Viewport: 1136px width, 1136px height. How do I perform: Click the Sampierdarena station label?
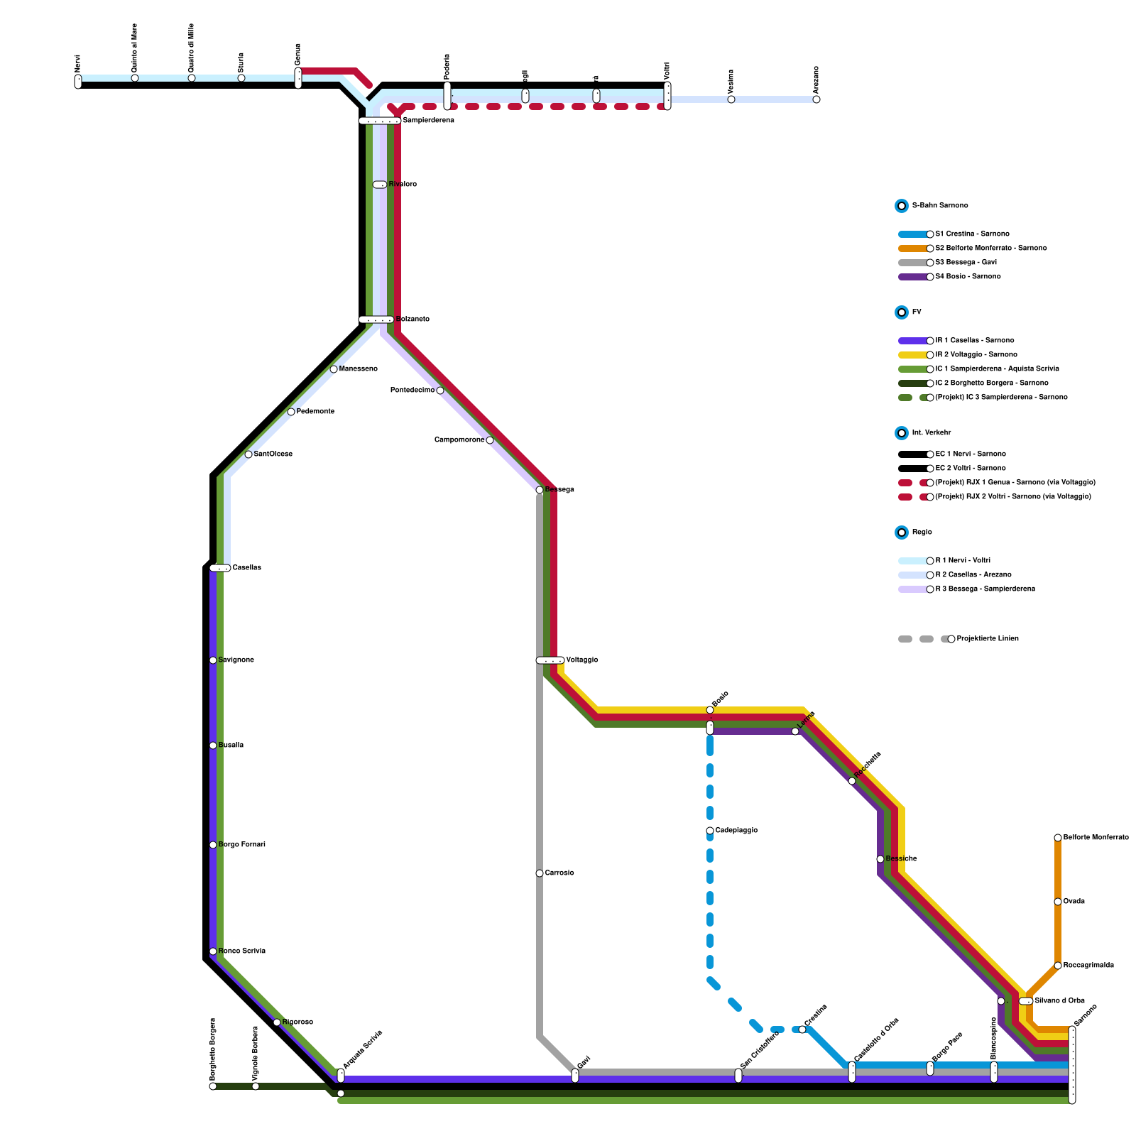coord(428,121)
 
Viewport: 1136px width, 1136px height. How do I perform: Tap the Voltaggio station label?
coord(581,660)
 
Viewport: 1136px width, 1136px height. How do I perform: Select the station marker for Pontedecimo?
coord(440,390)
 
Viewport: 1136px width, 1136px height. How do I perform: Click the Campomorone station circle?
coord(490,440)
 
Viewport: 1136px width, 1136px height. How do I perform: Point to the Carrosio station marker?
coord(540,873)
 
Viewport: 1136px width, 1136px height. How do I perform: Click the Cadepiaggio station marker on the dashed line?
coord(710,831)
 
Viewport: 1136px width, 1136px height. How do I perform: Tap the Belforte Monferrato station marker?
coord(1058,838)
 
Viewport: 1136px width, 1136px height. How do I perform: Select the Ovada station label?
coord(1074,902)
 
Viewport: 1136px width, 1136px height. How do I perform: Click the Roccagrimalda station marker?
coord(1058,966)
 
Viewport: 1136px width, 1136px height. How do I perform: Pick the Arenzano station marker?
coord(816,99)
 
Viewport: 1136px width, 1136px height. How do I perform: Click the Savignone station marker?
coord(213,660)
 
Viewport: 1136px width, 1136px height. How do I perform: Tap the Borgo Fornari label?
coord(241,845)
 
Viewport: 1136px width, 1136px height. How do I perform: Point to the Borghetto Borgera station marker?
coord(213,1086)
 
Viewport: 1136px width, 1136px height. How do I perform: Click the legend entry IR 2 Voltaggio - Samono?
coord(976,355)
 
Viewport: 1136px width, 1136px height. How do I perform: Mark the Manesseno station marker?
coord(334,369)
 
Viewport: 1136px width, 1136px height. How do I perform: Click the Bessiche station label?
coord(901,859)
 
